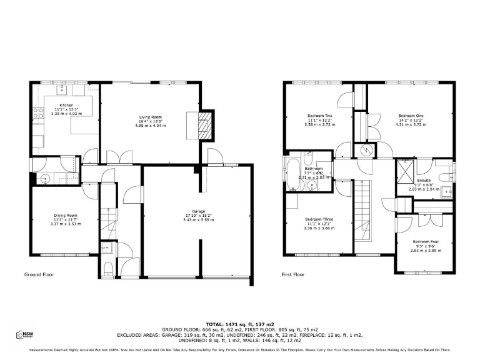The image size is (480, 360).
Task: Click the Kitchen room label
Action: click(x=66, y=105)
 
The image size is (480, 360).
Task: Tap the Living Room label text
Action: click(x=151, y=117)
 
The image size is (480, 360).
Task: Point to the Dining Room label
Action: click(x=66, y=216)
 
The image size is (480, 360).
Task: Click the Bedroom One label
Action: click(x=411, y=116)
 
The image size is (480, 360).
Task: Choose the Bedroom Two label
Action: click(x=319, y=116)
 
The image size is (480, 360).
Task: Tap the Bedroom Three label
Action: click(x=319, y=219)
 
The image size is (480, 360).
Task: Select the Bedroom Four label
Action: click(x=426, y=242)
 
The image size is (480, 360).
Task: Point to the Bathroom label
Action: click(x=313, y=169)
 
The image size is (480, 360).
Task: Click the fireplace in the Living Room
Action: click(x=204, y=127)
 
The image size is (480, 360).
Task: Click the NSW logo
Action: click(x=25, y=335)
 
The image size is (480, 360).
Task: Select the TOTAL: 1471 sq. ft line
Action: click(x=240, y=324)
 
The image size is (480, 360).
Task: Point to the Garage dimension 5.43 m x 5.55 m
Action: click(x=199, y=219)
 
